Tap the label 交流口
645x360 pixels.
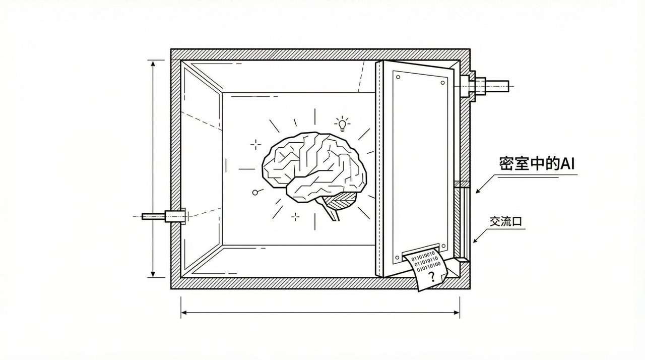(x=506, y=221)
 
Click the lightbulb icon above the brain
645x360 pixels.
(x=343, y=124)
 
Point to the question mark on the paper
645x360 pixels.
(x=431, y=276)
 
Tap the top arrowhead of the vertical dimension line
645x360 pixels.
(x=153, y=63)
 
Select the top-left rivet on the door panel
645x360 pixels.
(x=398, y=78)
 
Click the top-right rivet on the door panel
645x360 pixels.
(x=443, y=82)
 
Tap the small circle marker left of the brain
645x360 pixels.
(x=255, y=192)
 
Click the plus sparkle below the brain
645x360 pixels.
(x=295, y=216)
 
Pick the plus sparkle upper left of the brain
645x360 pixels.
(x=256, y=145)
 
